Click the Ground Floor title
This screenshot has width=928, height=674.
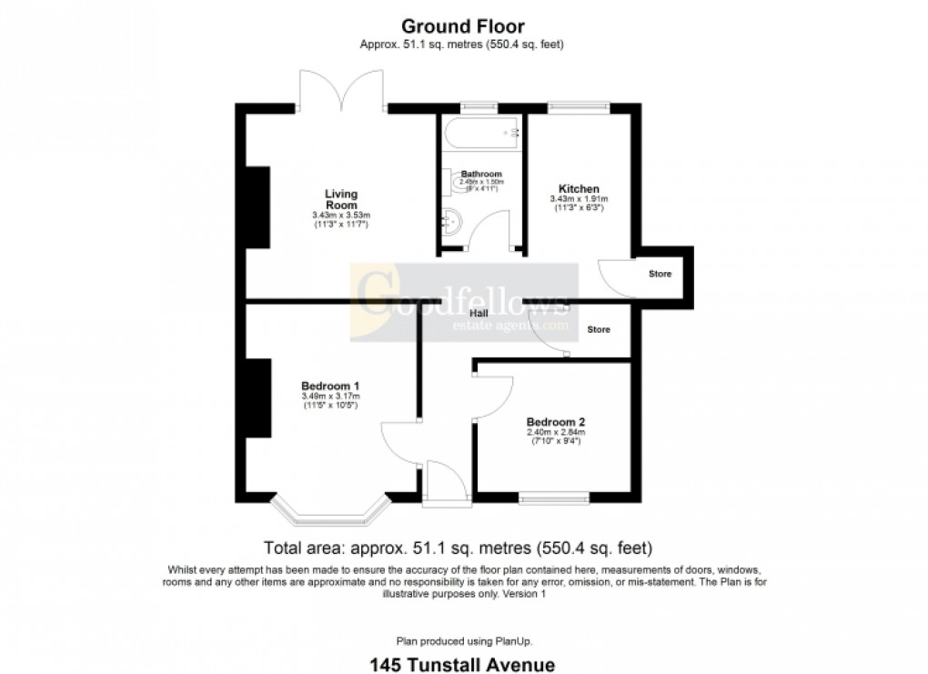tap(464, 26)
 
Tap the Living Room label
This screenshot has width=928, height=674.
tap(342, 199)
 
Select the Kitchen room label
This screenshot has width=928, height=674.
tap(578, 188)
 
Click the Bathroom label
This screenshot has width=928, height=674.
tap(481, 174)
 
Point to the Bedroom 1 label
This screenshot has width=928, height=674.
tap(330, 386)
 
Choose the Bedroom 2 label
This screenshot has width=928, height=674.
tap(555, 421)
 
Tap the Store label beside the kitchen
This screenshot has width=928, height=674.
tap(660, 273)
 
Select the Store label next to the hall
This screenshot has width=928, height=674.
tap(599, 329)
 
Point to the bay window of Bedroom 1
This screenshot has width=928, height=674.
tap(329, 514)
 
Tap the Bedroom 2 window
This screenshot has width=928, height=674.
tap(553, 498)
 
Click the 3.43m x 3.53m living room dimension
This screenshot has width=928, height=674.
tap(342, 215)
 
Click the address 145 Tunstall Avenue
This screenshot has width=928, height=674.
tap(464, 665)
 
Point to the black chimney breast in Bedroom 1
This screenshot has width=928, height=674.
tap(257, 400)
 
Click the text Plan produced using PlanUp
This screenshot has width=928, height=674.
tap(464, 640)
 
